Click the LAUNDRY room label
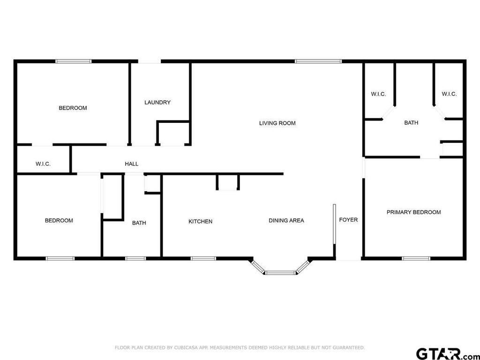157,102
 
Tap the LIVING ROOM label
277,123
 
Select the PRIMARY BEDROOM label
413,212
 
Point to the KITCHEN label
201,221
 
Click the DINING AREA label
286,220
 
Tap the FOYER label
348,220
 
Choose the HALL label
132,164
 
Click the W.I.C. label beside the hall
43,164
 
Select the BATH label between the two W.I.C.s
411,123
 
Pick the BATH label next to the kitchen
139,223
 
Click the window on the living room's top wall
318,61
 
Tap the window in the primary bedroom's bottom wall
416,259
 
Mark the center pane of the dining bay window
281,273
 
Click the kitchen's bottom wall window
203,259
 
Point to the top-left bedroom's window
74,61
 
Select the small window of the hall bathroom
135,259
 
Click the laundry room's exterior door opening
150,61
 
